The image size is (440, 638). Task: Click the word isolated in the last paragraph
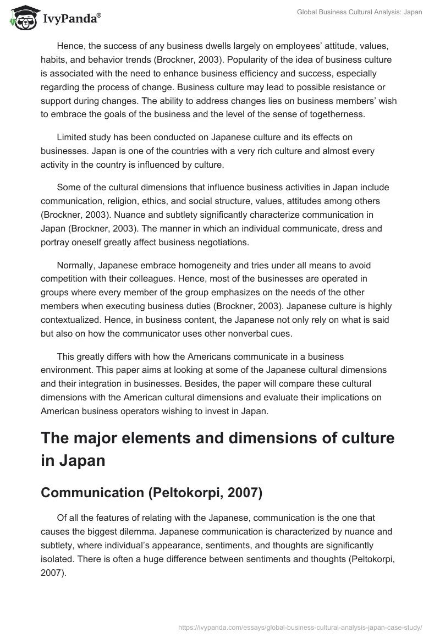[x=58, y=559]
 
